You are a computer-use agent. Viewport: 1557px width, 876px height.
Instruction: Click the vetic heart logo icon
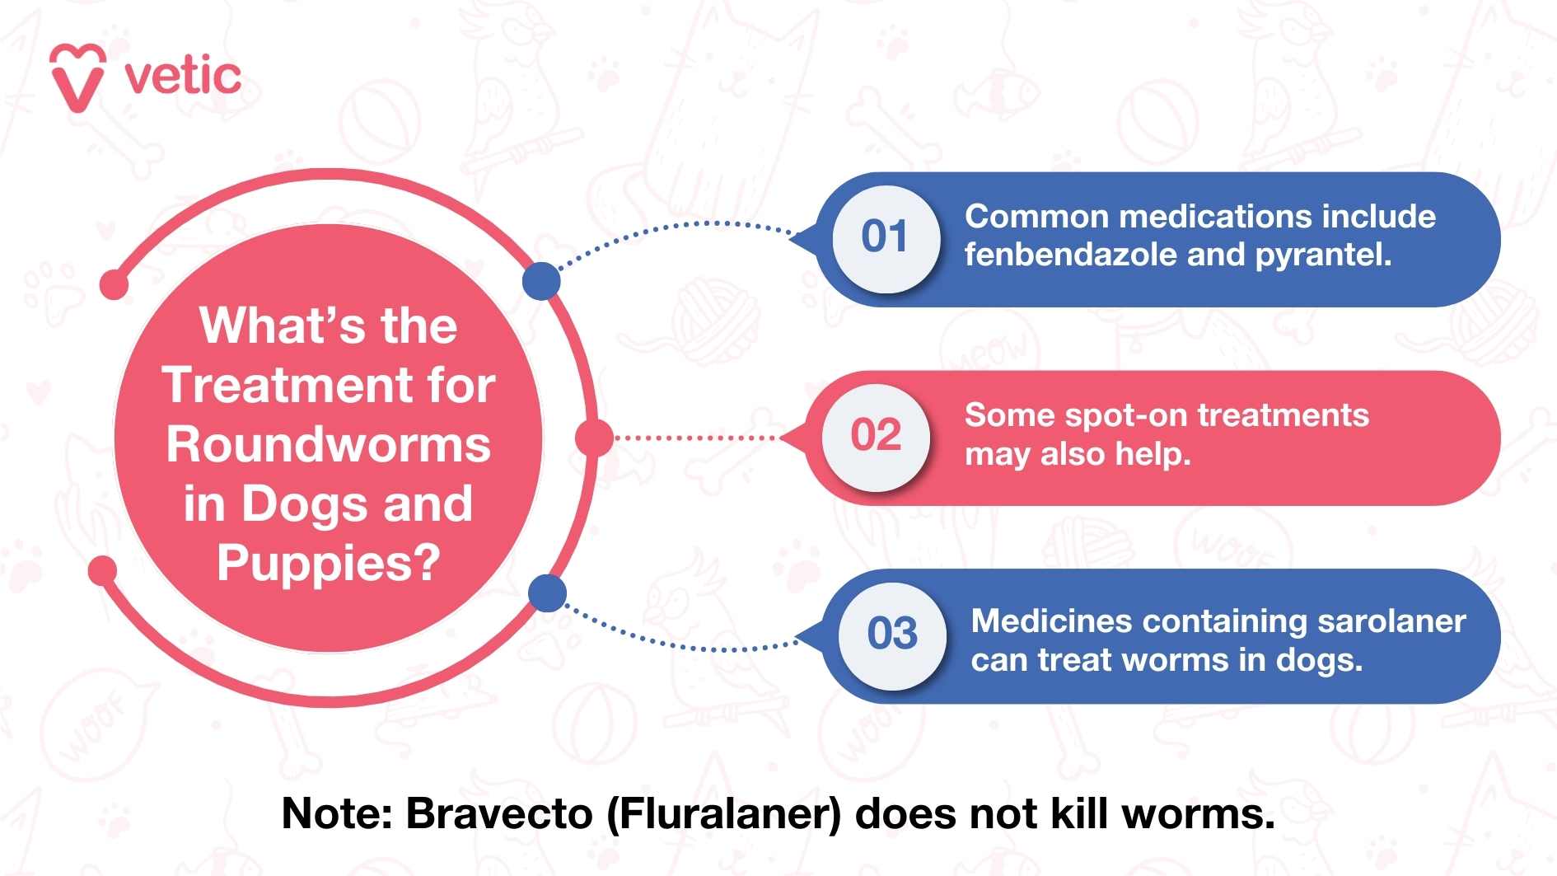[x=77, y=77]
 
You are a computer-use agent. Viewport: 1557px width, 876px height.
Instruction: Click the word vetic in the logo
[x=183, y=77]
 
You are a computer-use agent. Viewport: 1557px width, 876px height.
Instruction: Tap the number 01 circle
[x=885, y=237]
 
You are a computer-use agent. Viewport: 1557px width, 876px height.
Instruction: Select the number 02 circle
[x=876, y=436]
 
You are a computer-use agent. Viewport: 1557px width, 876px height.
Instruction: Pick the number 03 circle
[x=892, y=634]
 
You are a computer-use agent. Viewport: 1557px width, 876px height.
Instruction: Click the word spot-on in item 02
[x=1125, y=415]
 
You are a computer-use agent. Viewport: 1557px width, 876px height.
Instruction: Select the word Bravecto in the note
[x=499, y=814]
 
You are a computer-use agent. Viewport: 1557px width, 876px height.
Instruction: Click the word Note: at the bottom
[x=338, y=814]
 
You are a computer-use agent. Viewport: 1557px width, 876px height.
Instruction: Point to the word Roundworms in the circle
[x=328, y=445]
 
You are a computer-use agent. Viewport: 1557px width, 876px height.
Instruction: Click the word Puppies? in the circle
[x=328, y=564]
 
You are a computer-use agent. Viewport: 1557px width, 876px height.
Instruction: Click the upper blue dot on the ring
[x=541, y=281]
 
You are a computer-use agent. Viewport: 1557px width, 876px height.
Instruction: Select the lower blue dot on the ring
[x=547, y=593]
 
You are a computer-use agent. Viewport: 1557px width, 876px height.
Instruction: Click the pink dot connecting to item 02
[x=593, y=438]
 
